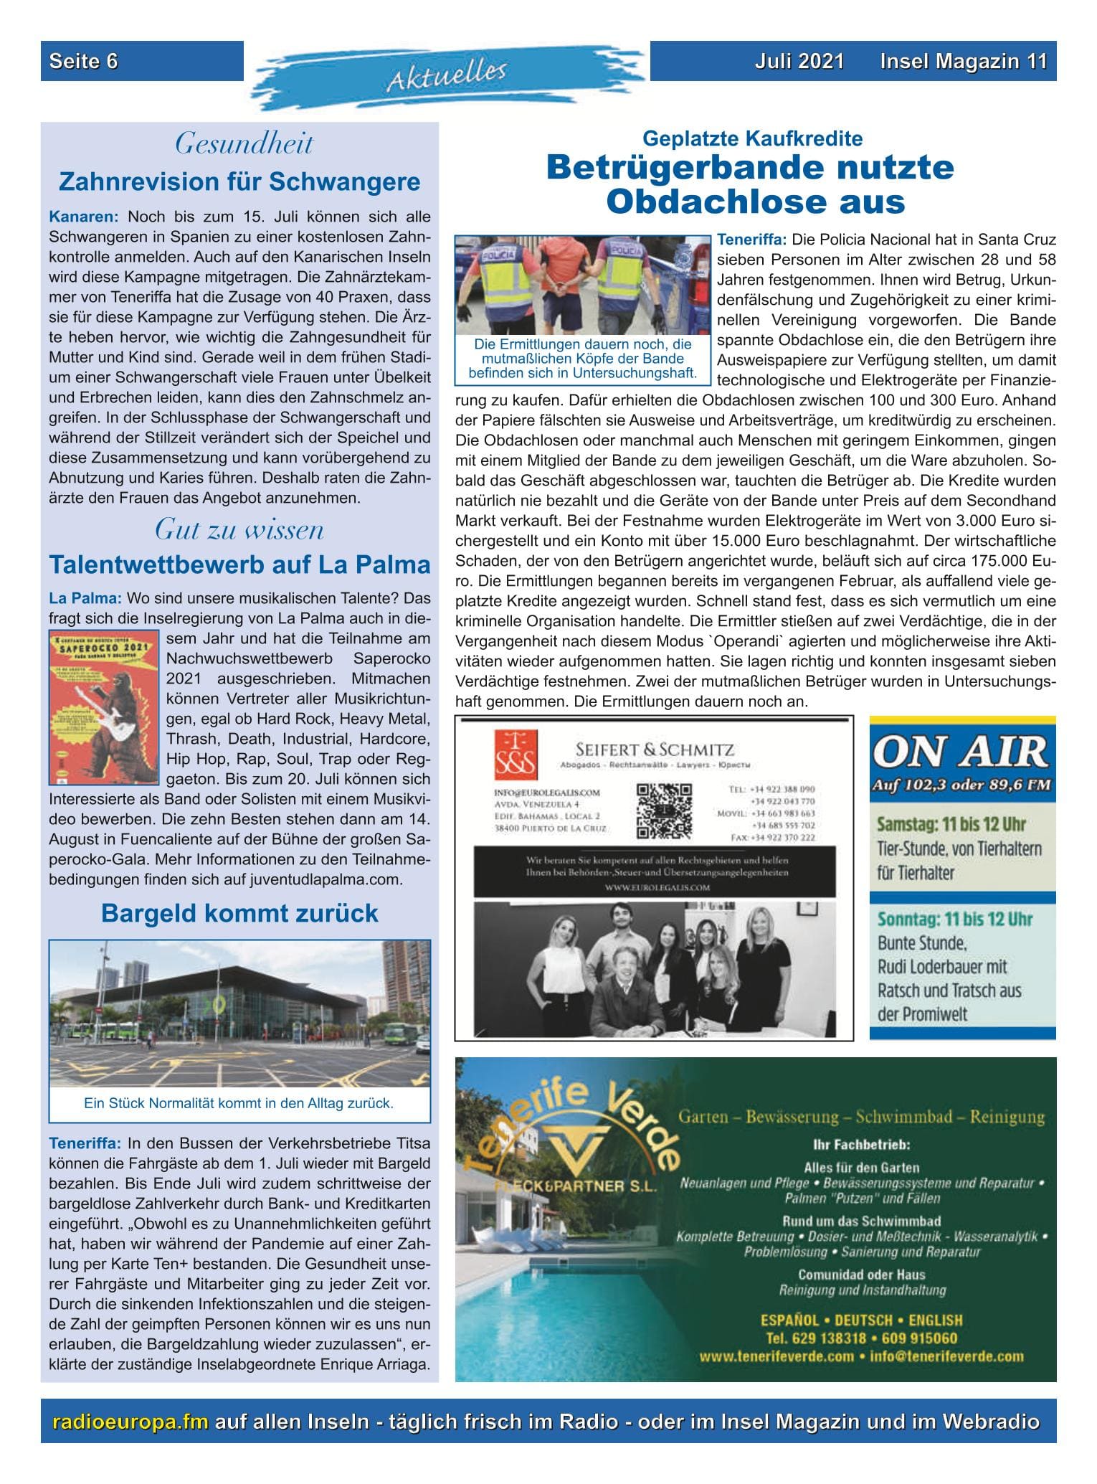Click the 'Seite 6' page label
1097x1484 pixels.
coord(83,61)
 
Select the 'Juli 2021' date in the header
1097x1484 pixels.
coord(799,61)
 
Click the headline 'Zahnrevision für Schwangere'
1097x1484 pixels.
coord(239,182)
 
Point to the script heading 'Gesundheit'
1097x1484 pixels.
coord(244,144)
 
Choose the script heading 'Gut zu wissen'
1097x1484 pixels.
coord(239,530)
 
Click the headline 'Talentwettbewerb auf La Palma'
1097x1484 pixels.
coord(239,565)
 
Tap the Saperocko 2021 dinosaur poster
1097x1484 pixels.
coord(105,706)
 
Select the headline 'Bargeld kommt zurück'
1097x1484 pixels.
coord(239,913)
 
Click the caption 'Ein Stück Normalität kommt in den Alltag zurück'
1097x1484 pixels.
coord(239,1103)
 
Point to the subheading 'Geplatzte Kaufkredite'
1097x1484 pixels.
coord(752,138)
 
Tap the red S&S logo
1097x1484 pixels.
coord(516,755)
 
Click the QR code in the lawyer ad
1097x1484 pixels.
coord(665,810)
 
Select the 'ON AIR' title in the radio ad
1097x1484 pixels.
coord(961,752)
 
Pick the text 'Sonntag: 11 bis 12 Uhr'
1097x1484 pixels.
coord(954,919)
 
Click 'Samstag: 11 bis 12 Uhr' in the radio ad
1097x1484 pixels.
coord(951,824)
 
